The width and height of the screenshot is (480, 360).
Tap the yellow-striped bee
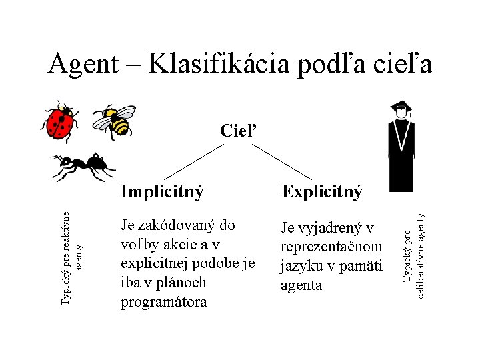click(115, 120)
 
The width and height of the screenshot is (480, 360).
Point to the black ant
click(80, 167)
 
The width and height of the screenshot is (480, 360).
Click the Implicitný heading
click(162, 192)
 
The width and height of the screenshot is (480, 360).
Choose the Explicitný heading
click(322, 192)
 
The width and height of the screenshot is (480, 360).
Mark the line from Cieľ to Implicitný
click(193, 161)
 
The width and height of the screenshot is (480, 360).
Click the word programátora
click(164, 301)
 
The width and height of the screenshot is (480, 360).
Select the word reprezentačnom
click(331, 247)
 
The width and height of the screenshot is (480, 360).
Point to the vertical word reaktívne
click(65, 233)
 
